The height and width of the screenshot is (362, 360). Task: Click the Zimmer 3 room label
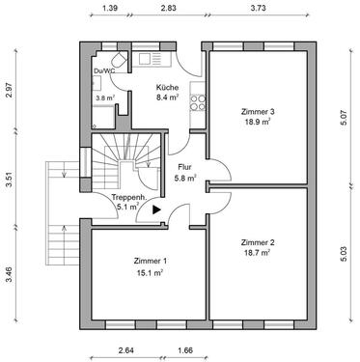[x=258, y=112]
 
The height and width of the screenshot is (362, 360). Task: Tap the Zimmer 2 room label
[x=258, y=241]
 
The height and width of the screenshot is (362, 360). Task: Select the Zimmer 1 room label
[x=151, y=262]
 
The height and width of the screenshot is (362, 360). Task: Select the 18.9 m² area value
[x=258, y=123]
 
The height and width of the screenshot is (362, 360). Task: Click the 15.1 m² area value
[x=151, y=273]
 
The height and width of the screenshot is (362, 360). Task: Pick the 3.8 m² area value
[x=105, y=97]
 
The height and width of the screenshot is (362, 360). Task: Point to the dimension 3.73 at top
[x=258, y=8]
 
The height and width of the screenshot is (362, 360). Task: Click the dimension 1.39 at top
[x=109, y=8]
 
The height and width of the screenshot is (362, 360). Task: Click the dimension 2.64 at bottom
[x=125, y=350]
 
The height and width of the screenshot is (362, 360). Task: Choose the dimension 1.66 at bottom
[x=185, y=350]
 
